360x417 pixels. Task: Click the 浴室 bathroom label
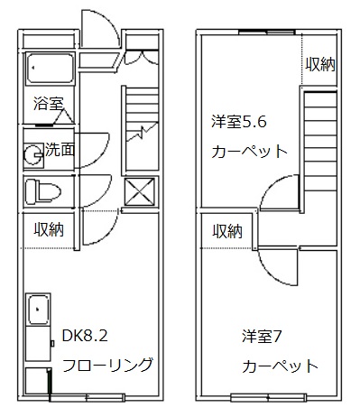[48, 103]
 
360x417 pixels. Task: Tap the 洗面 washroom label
[60, 151]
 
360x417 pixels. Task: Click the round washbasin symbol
[33, 153]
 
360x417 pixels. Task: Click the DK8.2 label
[85, 337]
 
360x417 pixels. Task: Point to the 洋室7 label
[263, 337]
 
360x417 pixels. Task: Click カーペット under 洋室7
[280, 366]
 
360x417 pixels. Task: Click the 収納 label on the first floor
[50, 230]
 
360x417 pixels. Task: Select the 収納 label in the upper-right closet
[320, 64]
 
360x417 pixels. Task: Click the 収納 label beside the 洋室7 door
[227, 231]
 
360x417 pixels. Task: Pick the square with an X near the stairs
[138, 191]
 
